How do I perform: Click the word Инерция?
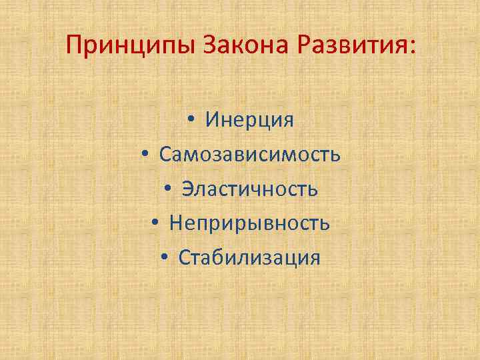[250, 120]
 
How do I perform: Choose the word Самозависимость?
[250, 155]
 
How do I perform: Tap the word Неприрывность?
[249, 223]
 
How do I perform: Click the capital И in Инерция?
[213, 120]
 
